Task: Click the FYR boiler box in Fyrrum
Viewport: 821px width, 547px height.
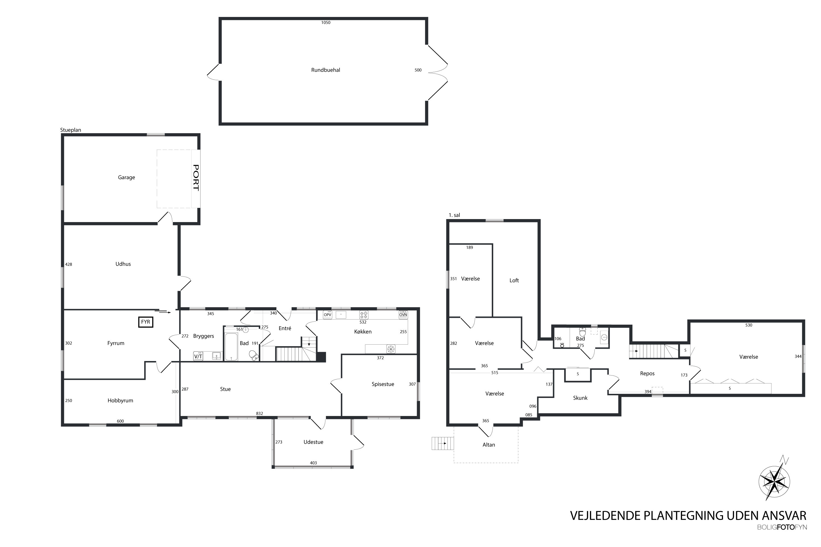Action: click(146, 322)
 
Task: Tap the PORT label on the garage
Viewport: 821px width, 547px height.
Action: click(196, 178)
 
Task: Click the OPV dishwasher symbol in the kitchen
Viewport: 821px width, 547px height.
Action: click(327, 315)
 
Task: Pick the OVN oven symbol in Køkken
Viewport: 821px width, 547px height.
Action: click(403, 315)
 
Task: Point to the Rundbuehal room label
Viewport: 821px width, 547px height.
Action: click(326, 70)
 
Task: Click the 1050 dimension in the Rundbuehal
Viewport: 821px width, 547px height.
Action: click(326, 23)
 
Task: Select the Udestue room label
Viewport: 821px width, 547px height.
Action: click(313, 442)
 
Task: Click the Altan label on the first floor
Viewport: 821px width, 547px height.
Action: click(489, 445)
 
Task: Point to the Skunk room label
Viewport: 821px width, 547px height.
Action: click(580, 398)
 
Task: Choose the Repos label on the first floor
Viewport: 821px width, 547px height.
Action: click(647, 374)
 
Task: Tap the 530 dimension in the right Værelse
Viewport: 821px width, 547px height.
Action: click(749, 325)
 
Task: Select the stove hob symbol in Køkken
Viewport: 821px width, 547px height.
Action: click(364, 315)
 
